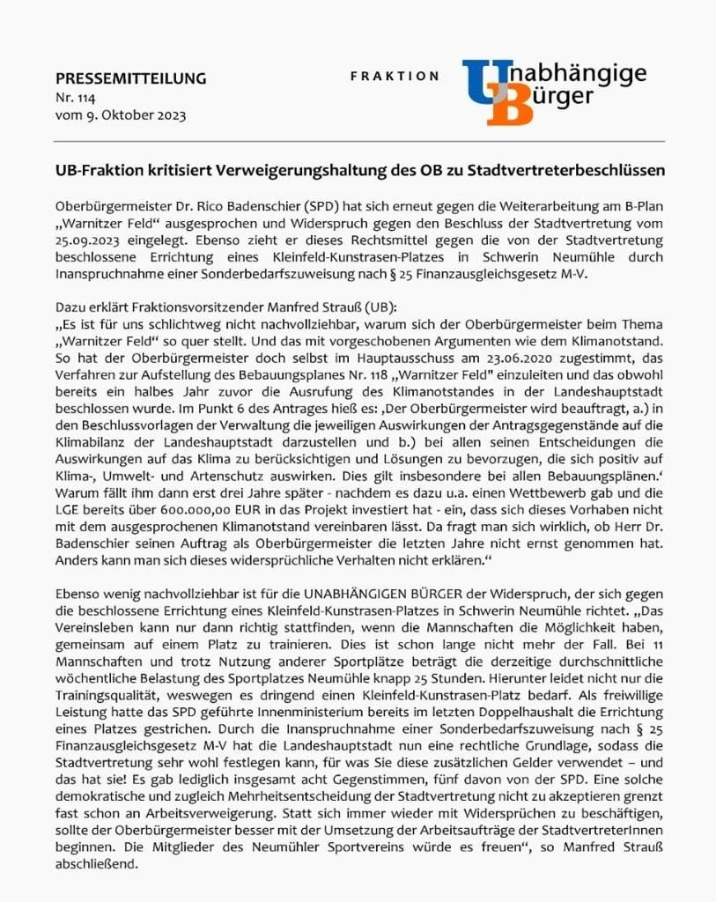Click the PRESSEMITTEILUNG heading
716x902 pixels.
[x=130, y=78]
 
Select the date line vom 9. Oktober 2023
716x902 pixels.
[x=121, y=115]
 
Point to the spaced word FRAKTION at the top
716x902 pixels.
[x=395, y=77]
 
